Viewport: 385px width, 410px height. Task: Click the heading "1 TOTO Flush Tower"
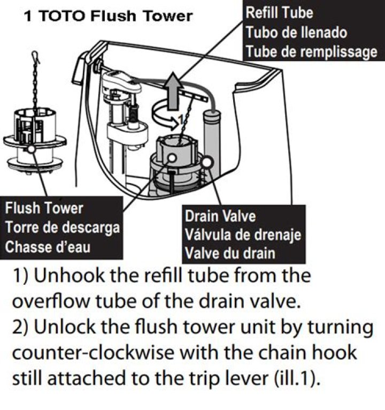point(108,16)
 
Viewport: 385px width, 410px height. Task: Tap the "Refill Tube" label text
point(279,12)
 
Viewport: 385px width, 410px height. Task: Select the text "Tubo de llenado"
point(296,33)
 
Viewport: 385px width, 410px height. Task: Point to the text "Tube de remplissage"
point(312,51)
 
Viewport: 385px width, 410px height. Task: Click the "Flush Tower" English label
point(44,208)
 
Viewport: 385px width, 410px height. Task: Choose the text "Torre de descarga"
point(63,227)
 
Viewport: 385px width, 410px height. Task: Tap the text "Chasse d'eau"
point(48,247)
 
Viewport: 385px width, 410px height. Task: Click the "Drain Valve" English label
point(220,216)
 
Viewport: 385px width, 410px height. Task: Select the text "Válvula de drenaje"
point(243,235)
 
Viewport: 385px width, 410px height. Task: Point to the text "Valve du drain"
point(230,253)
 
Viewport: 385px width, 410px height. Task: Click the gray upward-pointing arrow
point(173,91)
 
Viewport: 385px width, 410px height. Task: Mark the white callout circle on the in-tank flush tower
point(172,158)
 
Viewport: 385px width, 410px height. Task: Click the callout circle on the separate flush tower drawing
point(31,149)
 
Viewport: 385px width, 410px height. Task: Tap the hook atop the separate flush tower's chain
point(35,57)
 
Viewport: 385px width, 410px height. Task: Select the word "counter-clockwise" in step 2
point(93,353)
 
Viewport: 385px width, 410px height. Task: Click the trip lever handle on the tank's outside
point(79,69)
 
